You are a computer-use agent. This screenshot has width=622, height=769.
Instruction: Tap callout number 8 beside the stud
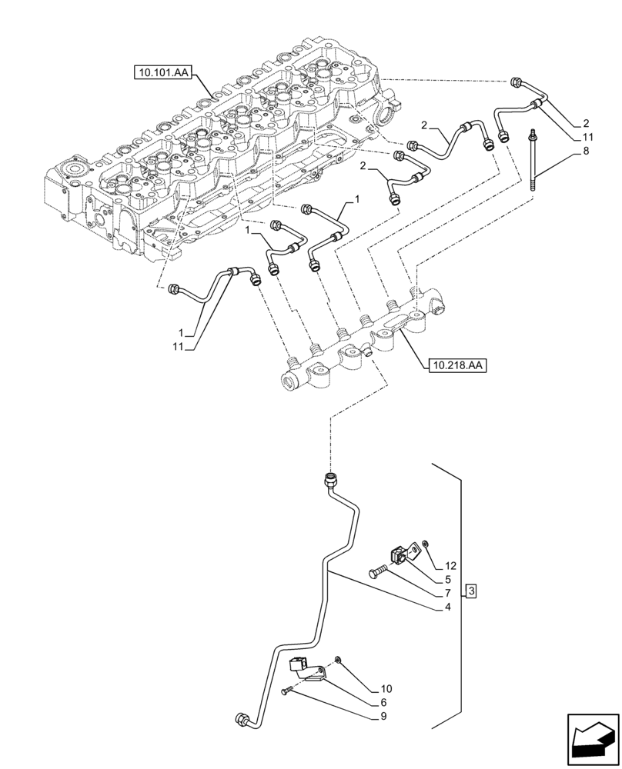pyautogui.click(x=587, y=153)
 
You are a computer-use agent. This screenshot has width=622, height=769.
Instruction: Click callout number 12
pyautogui.click(x=451, y=566)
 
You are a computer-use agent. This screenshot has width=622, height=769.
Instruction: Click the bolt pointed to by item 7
pyautogui.click(x=378, y=572)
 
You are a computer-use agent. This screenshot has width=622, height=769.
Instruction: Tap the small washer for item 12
pyautogui.click(x=426, y=544)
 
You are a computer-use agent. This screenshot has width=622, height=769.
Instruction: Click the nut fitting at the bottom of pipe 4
pyautogui.click(x=241, y=720)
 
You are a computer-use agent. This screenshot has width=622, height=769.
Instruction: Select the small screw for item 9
pyautogui.click(x=286, y=693)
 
